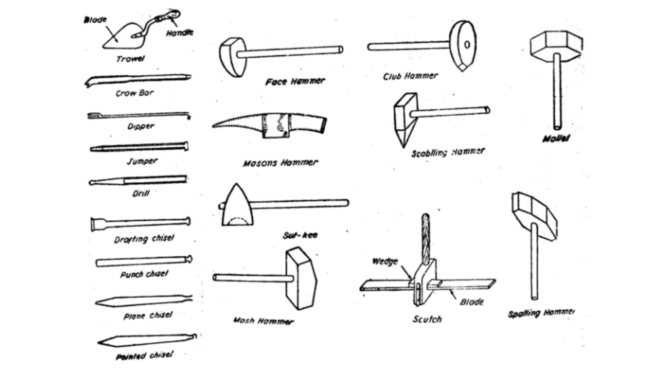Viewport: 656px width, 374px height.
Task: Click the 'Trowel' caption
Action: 130,59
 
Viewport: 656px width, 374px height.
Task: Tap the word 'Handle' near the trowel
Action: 180,32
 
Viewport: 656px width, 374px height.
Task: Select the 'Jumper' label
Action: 142,161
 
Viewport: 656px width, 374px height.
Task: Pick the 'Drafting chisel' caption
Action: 144,239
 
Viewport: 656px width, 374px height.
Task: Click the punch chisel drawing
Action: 143,261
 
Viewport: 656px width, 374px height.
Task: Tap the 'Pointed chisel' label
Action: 144,356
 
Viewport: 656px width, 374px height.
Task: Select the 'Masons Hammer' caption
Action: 280,163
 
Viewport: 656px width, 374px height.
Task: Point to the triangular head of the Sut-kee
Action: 237,207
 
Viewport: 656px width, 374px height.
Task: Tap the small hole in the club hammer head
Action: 467,44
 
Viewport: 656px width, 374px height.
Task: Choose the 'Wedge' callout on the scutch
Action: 385,261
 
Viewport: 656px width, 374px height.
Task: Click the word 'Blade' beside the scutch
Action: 471,302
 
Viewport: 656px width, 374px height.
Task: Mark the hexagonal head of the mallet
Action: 556,44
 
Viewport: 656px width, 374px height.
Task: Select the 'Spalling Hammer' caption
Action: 541,313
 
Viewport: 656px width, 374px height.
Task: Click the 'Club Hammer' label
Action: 410,76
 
